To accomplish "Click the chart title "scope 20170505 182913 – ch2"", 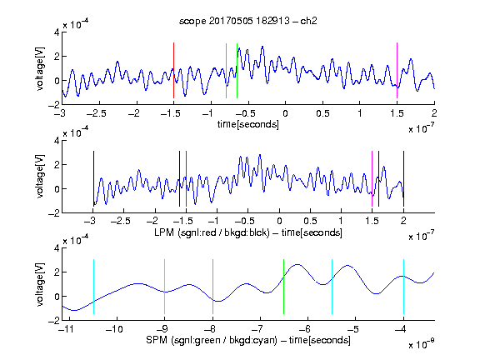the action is [248, 21].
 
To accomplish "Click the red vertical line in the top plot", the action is [173, 70].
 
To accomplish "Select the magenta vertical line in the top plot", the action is [397, 70].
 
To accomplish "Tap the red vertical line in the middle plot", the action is [186, 179].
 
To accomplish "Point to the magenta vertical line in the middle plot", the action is [372, 179].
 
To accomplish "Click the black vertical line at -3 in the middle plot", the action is [93, 179].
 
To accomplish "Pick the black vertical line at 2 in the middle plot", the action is [403, 179].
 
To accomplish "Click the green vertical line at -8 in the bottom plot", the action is [212, 287].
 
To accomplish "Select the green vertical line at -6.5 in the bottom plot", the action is [284, 287].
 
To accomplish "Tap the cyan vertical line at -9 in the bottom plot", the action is [165, 287].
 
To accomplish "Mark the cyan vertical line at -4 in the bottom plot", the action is [403, 287].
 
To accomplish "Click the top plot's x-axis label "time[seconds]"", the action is [248, 124].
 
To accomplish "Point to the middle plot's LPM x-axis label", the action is [248, 232].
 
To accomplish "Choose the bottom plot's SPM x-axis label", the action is [248, 340].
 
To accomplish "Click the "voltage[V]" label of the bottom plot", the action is [40, 285].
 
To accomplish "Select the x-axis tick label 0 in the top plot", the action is [285, 113].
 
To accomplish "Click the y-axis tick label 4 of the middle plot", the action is [57, 141].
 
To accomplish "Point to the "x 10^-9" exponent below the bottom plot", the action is [422, 344].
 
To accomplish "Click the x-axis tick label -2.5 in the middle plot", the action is [121, 221].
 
